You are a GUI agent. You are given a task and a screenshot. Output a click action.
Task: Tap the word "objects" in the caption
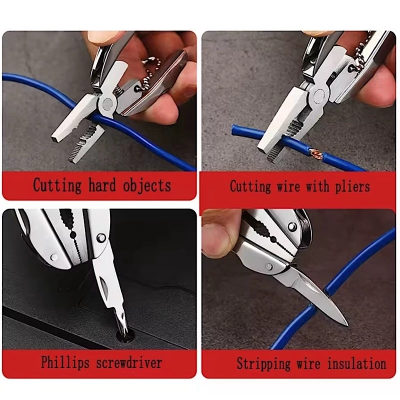(x=147, y=185)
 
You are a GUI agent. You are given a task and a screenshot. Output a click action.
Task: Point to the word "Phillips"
(x=65, y=362)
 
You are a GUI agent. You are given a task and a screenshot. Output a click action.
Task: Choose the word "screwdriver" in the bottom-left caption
(x=129, y=362)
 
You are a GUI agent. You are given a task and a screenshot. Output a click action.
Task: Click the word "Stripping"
(x=263, y=363)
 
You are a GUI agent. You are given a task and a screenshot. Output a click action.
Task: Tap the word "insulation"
(x=356, y=363)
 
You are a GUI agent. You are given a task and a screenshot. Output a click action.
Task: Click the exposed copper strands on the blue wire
(x=316, y=153)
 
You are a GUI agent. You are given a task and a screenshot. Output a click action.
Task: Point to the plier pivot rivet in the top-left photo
(x=105, y=102)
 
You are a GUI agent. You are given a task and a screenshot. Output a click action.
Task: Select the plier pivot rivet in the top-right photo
(x=319, y=95)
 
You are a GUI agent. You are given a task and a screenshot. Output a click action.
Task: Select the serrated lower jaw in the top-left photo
(x=86, y=143)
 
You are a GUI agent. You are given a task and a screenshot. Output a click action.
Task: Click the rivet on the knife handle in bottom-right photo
(x=268, y=266)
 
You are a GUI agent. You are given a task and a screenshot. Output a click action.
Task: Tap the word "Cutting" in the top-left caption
(x=57, y=185)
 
